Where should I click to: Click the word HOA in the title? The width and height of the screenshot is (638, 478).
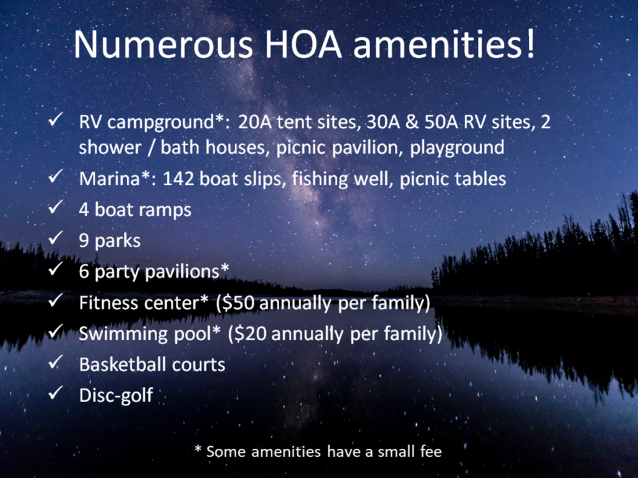pos(303,44)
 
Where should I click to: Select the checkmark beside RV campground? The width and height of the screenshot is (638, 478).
pos(55,120)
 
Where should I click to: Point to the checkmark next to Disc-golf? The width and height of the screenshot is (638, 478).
pos(55,393)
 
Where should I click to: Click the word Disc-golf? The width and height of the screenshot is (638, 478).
pos(116,396)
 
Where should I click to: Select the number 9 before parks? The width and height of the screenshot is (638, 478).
pos(84,241)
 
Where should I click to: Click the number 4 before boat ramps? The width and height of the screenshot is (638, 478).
pos(84,209)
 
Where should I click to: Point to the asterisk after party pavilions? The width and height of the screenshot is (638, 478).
pos(224,268)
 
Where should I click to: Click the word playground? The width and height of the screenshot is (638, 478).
pos(457,148)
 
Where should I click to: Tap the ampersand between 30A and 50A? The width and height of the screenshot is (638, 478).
pos(412,122)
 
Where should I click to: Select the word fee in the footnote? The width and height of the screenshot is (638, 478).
pos(431,452)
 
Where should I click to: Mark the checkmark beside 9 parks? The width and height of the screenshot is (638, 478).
pos(55,238)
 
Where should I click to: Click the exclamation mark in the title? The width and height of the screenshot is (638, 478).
pos(530,44)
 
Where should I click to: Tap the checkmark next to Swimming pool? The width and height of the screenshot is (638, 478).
pos(55,331)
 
